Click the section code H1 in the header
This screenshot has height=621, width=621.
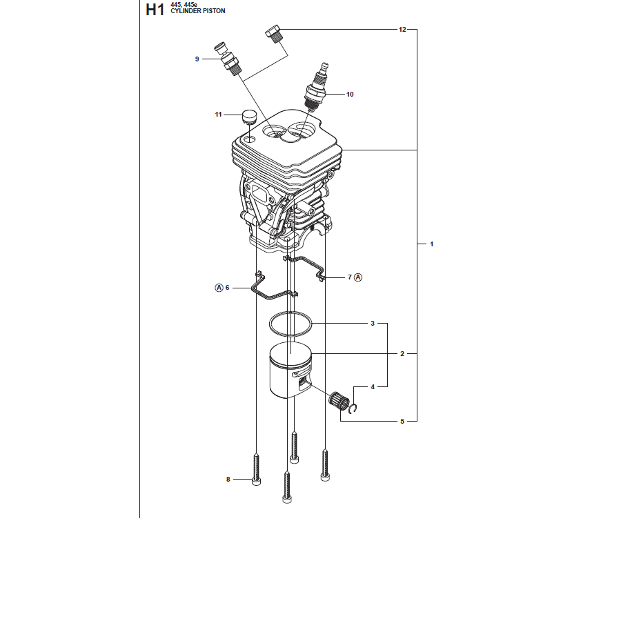pos(155,10)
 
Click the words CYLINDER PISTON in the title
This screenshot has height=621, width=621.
pos(197,11)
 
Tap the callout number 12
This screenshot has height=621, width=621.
pos(402,29)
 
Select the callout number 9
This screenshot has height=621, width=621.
pos(197,59)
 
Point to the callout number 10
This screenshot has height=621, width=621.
pos(350,95)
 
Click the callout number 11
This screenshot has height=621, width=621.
pos(218,115)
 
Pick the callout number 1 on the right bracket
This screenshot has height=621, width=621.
pos(432,244)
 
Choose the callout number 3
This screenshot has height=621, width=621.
pos(373,323)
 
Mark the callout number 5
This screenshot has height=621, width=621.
pos(402,421)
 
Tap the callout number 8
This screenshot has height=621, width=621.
pos(228,480)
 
